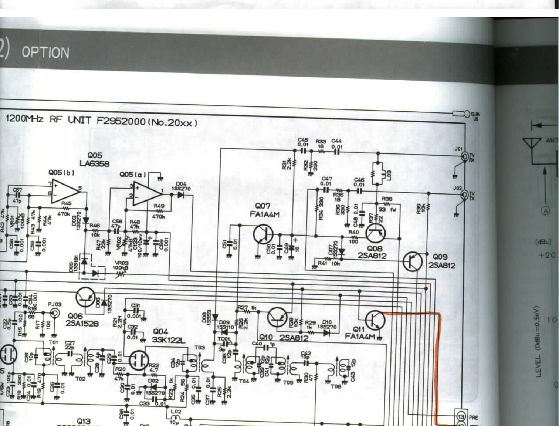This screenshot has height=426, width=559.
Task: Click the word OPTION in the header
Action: tap(45, 52)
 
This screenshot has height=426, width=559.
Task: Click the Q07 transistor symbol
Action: tap(263, 234)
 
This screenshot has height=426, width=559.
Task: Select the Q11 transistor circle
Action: tap(375, 320)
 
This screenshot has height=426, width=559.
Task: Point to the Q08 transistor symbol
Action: tap(375, 233)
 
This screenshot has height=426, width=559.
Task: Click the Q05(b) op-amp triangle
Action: tap(65, 191)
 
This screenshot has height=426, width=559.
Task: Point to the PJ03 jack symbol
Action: tap(54, 313)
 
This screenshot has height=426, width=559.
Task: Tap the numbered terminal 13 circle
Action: tap(461, 417)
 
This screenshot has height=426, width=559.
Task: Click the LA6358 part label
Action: tap(94, 163)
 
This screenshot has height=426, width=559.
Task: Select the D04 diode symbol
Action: tap(180, 195)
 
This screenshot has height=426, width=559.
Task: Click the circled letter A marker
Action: tap(545, 211)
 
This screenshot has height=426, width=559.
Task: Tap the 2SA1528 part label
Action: tap(82, 323)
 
